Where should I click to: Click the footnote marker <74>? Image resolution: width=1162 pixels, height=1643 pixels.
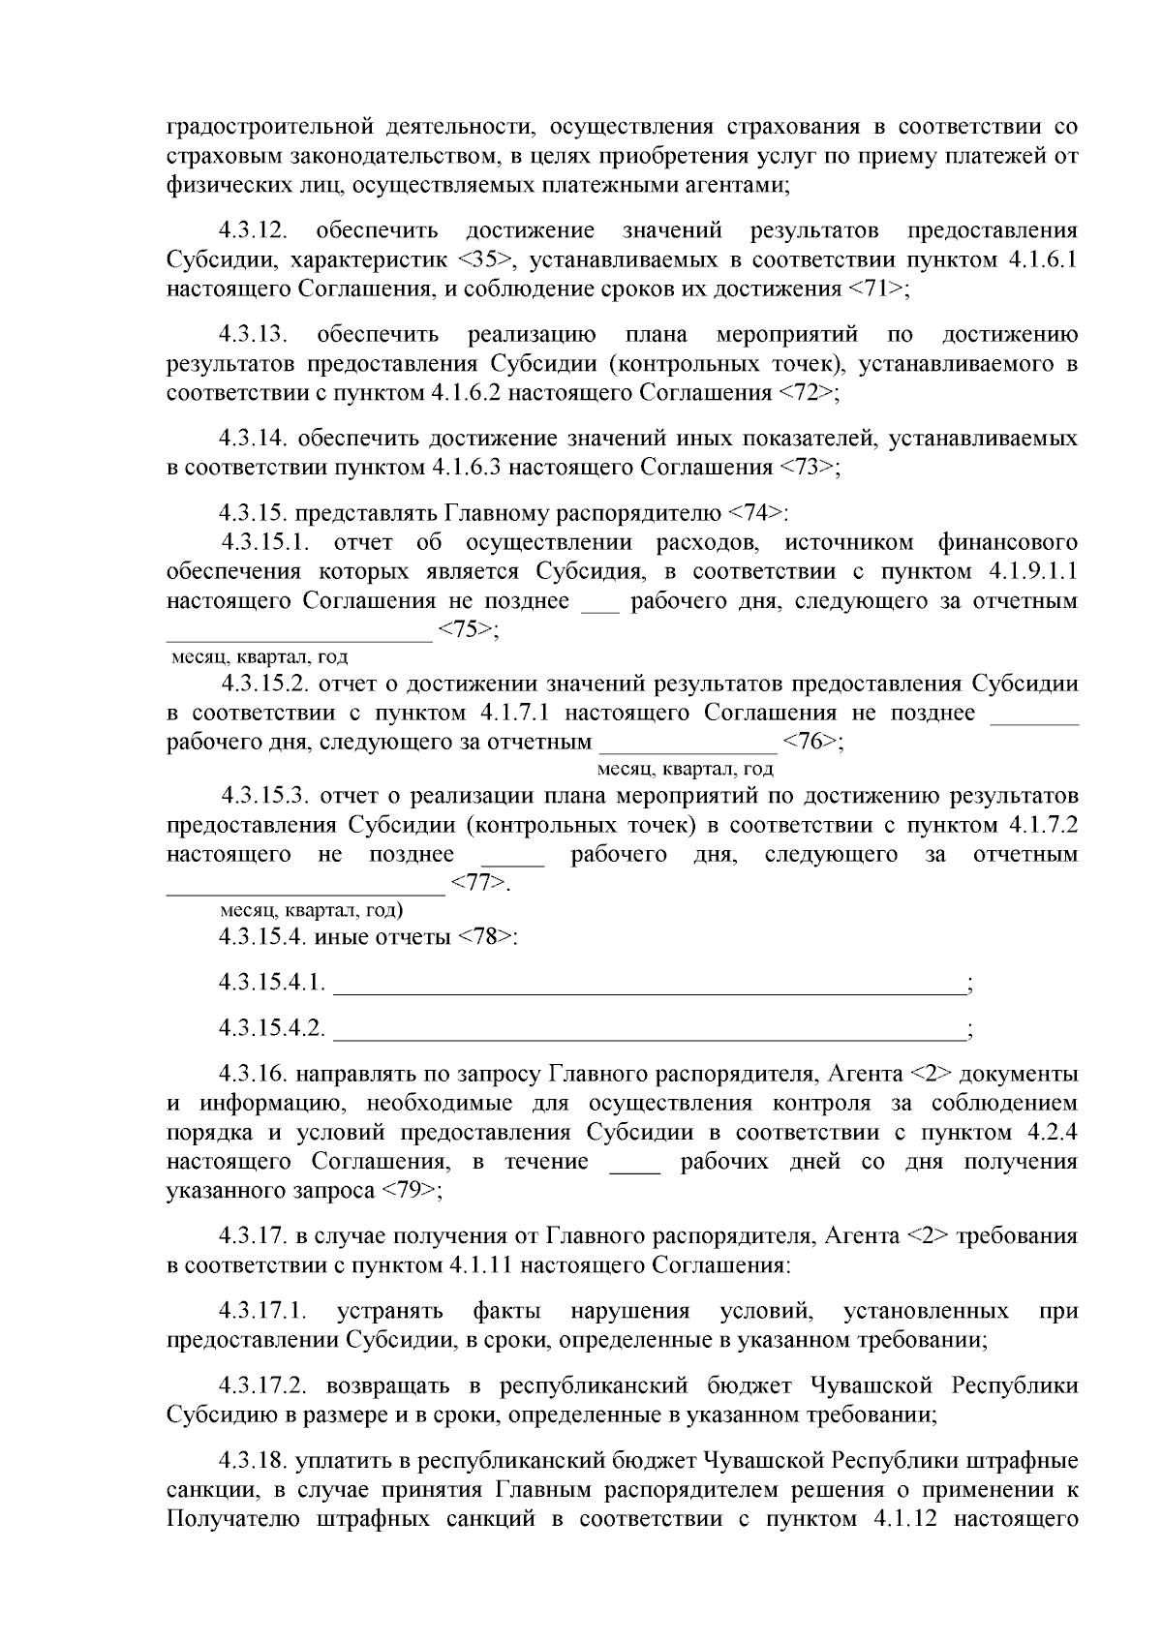coord(756,513)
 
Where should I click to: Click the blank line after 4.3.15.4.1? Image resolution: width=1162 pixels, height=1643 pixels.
coord(649,988)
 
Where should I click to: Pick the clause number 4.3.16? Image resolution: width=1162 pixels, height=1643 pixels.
coord(254,1074)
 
